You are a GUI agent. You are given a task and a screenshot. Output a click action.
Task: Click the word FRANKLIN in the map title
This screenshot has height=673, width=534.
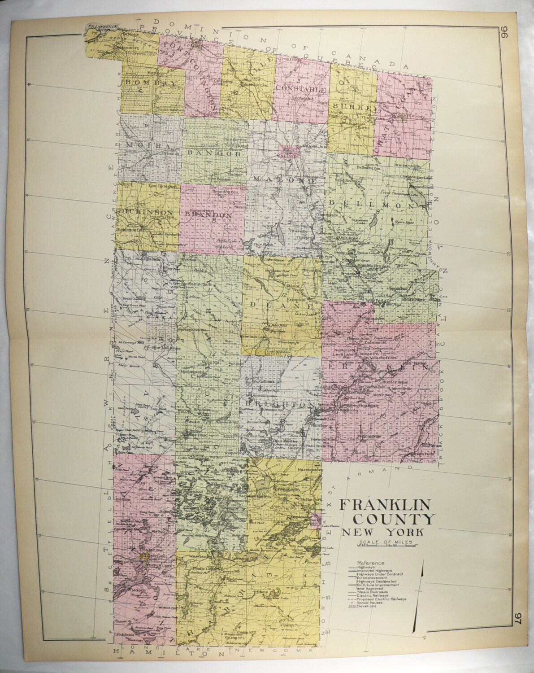tap(384, 505)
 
